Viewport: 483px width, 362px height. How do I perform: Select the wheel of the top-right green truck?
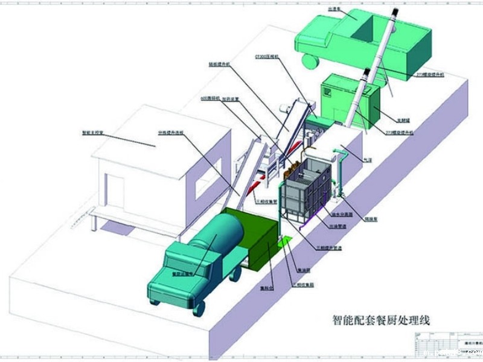click(x=310, y=60)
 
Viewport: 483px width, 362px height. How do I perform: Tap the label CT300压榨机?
click(x=266, y=56)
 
